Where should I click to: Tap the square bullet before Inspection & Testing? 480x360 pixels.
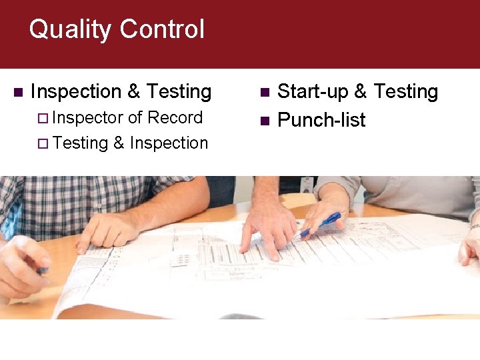tap(18, 91)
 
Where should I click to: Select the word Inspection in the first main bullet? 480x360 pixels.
tap(75, 91)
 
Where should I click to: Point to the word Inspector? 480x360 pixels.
tap(88, 118)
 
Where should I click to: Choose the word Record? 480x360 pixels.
tap(175, 118)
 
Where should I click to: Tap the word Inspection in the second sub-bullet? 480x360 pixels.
tap(169, 143)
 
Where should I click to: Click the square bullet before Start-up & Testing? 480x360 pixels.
tap(265, 91)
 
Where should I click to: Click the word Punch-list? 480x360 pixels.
tap(321, 120)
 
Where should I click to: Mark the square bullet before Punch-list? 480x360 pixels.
tap(265, 121)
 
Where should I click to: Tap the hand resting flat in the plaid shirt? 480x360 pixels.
tap(107, 231)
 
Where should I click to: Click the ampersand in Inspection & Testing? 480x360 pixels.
tap(133, 91)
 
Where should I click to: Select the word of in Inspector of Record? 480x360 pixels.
tap(135, 118)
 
